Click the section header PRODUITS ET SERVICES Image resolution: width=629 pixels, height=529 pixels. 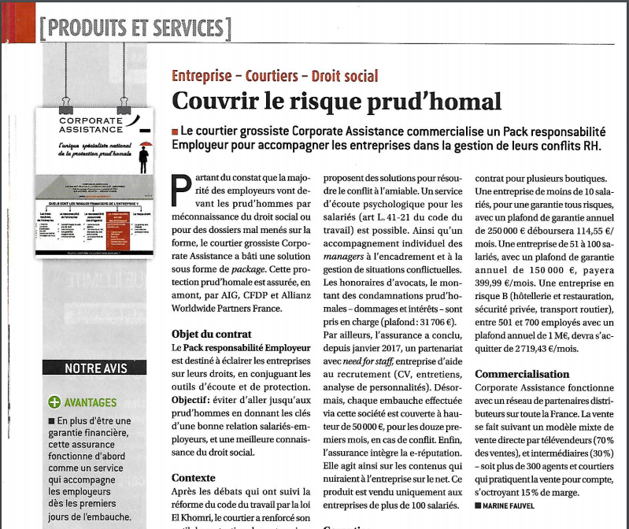[135, 28]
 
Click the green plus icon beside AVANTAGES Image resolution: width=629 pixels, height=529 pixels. [54, 402]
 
